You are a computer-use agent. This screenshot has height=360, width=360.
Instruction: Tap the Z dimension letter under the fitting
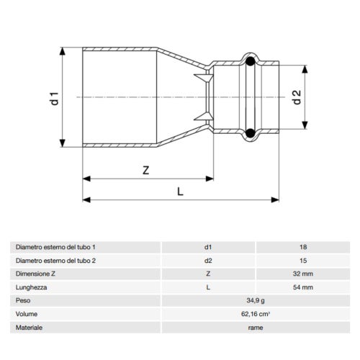click(x=145, y=171)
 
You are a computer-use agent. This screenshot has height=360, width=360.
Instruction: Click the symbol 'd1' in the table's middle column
click(x=208, y=247)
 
